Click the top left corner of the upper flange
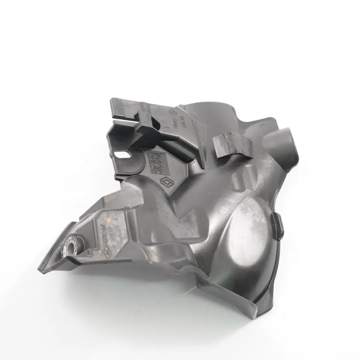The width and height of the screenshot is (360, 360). point(113,100)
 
